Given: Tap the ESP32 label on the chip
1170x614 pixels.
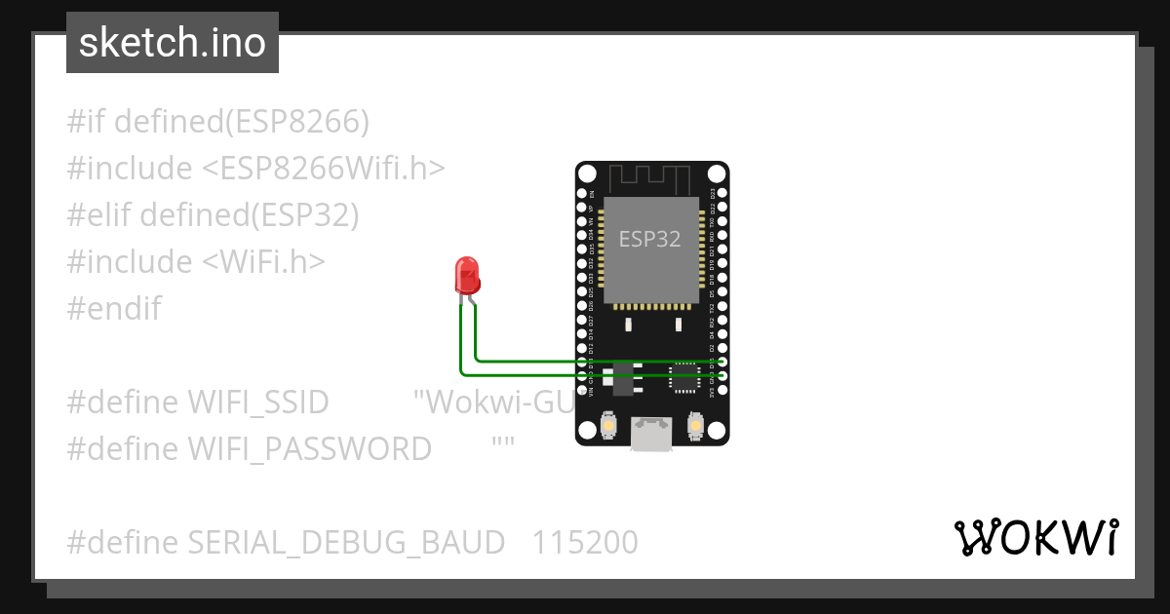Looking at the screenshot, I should [x=650, y=239].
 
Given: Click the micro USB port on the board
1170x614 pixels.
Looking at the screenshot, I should [x=650, y=434].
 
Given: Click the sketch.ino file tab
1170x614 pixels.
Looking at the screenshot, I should [x=173, y=43].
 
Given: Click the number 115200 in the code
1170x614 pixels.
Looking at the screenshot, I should [x=585, y=542].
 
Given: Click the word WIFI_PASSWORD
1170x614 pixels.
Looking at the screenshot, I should [x=309, y=448].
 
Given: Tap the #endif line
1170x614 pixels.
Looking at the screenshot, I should [x=114, y=309].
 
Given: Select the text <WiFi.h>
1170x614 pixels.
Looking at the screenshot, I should [x=264, y=262].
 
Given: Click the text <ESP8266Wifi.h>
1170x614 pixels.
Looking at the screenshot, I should [x=323, y=169].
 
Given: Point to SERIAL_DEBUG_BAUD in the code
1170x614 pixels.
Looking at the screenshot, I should [x=346, y=542].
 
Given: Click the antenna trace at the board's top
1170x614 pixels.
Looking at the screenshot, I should [x=650, y=178].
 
